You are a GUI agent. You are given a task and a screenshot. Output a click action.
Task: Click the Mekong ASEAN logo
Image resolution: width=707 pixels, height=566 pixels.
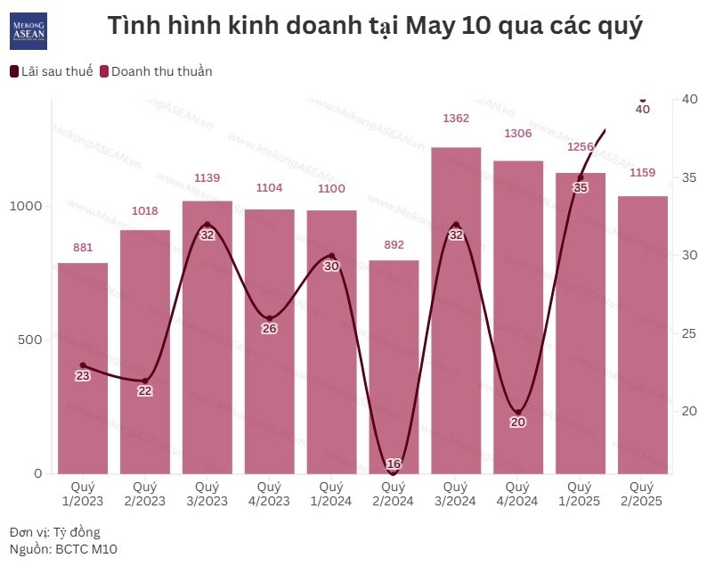[28, 31]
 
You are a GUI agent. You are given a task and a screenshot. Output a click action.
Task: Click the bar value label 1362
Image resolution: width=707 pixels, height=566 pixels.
[456, 118]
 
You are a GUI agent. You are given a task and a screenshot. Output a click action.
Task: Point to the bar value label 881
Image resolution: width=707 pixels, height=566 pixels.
[83, 247]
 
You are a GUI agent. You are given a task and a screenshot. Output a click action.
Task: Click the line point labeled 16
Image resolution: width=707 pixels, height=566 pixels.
[394, 463]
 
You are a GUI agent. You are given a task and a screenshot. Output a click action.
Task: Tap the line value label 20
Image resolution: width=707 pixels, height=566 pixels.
[518, 422]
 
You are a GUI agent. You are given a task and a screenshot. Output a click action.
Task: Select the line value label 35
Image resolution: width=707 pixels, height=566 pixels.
[581, 188]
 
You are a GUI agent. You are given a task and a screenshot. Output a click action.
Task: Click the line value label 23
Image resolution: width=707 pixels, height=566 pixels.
[83, 376]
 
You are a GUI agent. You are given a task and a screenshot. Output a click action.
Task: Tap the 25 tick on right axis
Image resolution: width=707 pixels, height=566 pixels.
[688, 333]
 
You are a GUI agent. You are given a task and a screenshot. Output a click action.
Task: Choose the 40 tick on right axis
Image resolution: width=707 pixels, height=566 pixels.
[688, 99]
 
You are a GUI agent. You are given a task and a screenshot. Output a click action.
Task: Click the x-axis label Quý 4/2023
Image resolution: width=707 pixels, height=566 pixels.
[269, 494]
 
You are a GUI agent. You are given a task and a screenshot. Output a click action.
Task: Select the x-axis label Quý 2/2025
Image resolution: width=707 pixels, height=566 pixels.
[642, 494]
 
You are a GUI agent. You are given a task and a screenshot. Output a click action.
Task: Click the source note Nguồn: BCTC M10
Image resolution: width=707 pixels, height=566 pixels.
[63, 549]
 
